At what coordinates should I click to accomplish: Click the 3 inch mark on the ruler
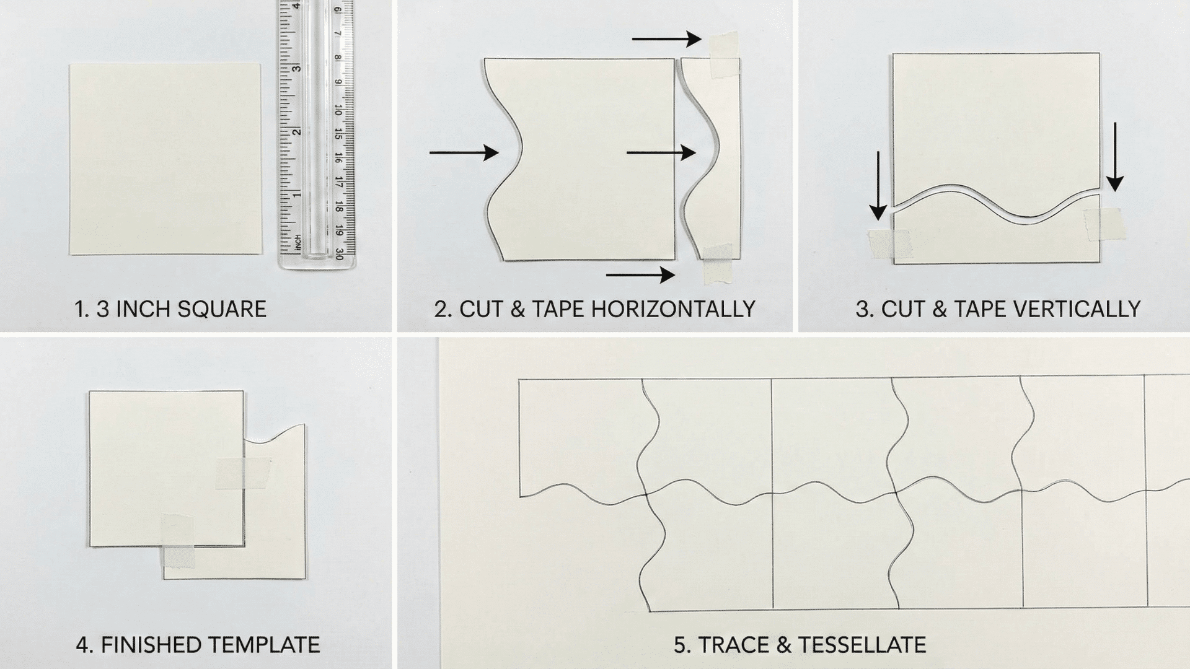(x=296, y=68)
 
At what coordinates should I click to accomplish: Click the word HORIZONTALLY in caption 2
(x=673, y=309)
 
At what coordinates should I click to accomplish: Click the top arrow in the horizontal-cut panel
(x=666, y=39)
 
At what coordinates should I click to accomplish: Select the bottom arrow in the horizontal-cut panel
(x=640, y=274)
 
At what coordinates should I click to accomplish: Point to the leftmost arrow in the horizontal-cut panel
(x=464, y=152)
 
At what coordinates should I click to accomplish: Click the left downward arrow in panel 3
(x=878, y=185)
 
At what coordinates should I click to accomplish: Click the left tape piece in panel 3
(x=889, y=243)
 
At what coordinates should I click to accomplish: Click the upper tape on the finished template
(x=243, y=474)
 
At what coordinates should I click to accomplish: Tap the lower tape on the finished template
(x=178, y=549)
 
